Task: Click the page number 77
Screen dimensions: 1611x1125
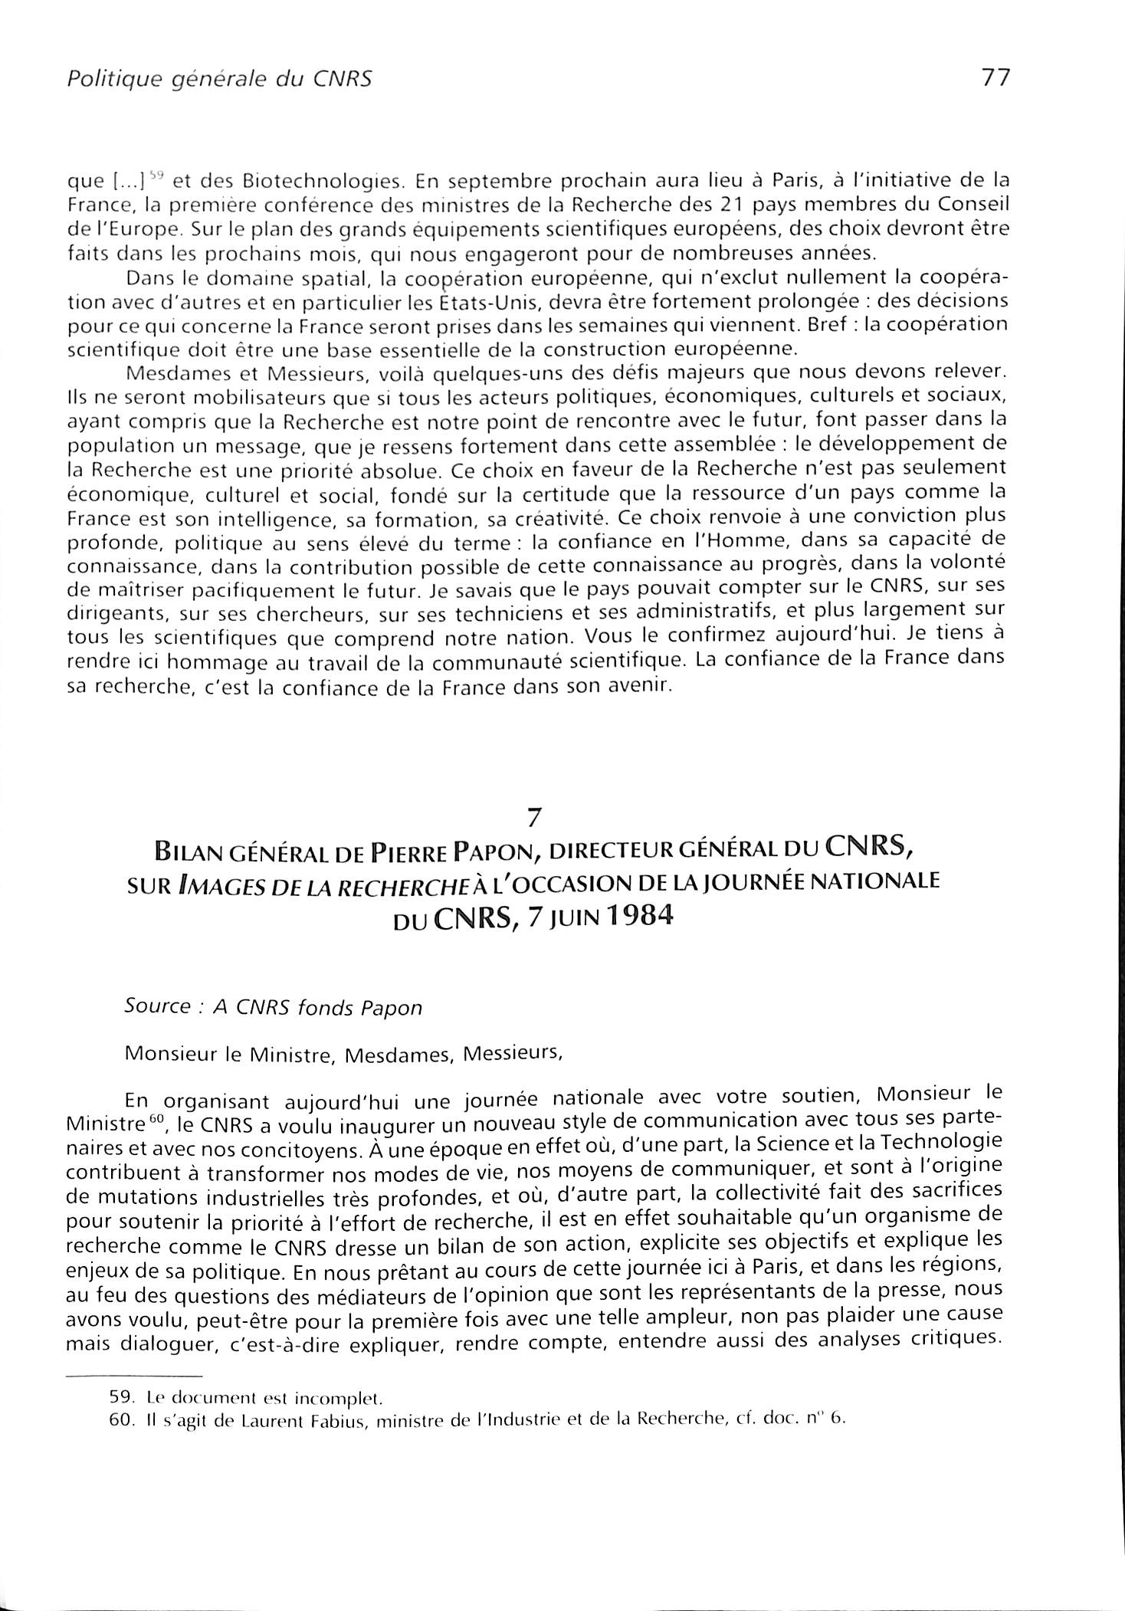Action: pyautogui.click(x=995, y=78)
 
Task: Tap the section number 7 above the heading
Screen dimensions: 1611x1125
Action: pyautogui.click(x=536, y=818)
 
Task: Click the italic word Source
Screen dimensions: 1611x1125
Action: pyautogui.click(x=157, y=1006)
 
